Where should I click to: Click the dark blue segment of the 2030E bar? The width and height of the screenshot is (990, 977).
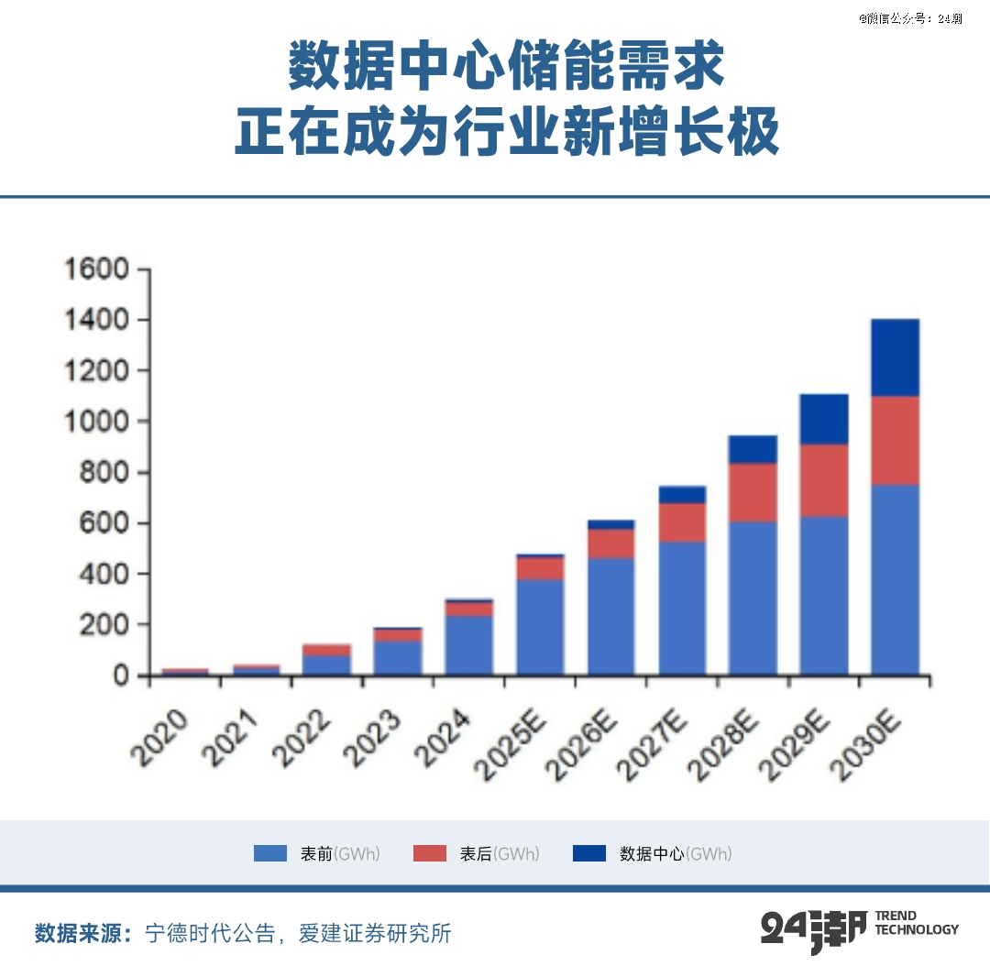(x=895, y=357)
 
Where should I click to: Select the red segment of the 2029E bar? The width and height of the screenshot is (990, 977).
(x=823, y=480)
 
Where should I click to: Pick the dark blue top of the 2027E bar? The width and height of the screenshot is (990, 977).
(x=682, y=495)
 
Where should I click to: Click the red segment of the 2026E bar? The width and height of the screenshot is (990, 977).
(x=610, y=543)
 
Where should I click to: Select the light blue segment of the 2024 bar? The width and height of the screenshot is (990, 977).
(x=468, y=645)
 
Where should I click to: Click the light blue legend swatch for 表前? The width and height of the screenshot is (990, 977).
(x=270, y=853)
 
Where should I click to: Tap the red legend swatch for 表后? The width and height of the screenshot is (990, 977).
(x=430, y=853)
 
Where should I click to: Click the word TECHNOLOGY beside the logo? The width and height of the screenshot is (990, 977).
(x=917, y=929)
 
